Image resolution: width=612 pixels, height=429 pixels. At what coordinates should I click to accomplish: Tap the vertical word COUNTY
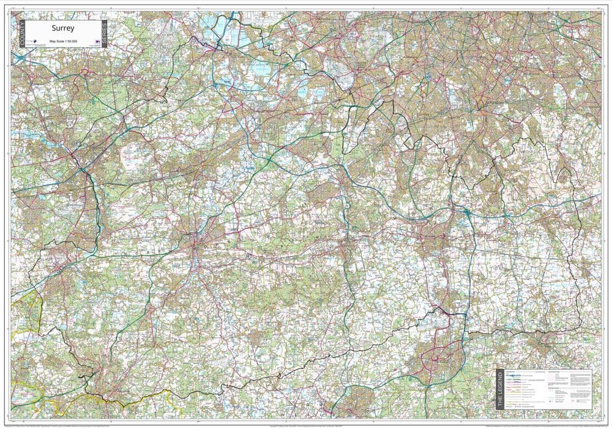click(22, 33)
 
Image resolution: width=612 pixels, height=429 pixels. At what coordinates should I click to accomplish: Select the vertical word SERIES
click(105, 33)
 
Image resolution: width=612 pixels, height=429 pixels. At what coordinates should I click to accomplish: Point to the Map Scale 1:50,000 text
click(63, 40)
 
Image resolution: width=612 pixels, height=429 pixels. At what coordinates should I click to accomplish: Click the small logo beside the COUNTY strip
click(34, 42)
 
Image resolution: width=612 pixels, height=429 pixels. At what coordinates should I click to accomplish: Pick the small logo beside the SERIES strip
click(97, 42)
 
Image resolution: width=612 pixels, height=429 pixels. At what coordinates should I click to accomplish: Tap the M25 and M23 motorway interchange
click(466, 212)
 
